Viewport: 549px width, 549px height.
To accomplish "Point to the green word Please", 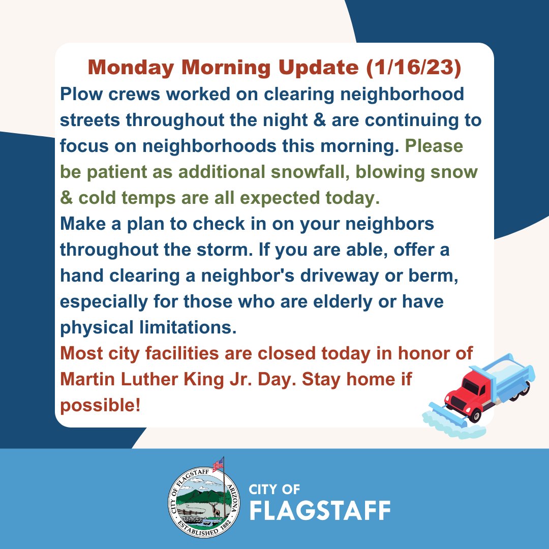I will coord(441,146).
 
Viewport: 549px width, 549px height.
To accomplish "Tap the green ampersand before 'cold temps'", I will coord(66,198).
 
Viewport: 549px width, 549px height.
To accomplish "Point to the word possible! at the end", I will coord(100,406).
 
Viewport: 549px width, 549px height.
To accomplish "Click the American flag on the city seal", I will coord(219,464).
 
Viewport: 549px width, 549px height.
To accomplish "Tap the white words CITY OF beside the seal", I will coord(274,490).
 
